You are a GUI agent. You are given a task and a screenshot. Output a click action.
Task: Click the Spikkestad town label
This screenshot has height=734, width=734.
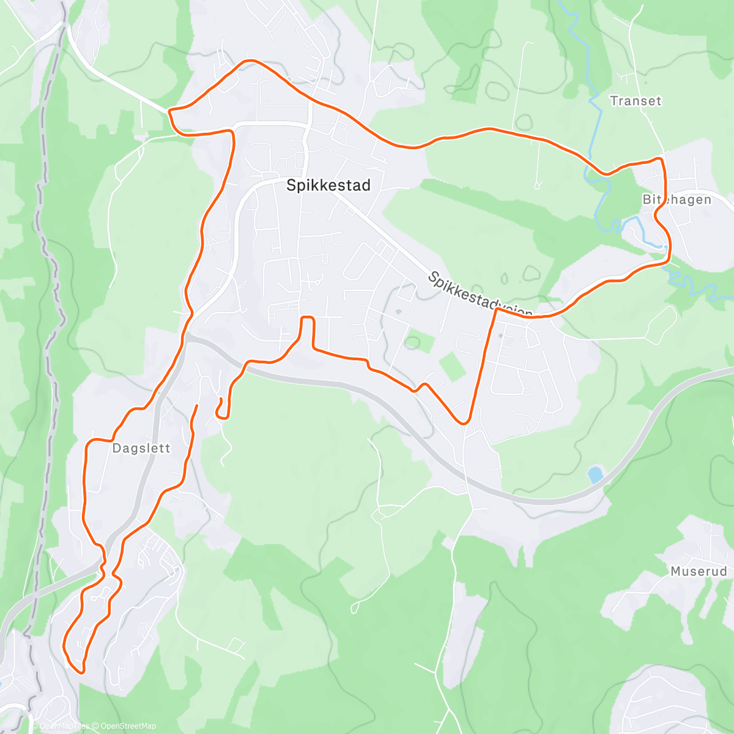[x=328, y=185]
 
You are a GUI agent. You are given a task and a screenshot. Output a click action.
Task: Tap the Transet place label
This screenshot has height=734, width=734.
[x=636, y=101]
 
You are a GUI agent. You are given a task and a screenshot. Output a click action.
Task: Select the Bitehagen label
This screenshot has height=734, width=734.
[x=677, y=200]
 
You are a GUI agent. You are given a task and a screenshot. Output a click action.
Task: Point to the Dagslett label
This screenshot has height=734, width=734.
[x=141, y=448]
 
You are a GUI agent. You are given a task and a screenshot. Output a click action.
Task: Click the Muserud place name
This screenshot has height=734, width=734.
[x=699, y=572]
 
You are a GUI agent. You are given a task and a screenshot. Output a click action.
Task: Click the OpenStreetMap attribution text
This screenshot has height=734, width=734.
[x=128, y=726]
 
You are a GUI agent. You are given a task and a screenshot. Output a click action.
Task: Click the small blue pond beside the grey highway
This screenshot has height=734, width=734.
[x=595, y=475]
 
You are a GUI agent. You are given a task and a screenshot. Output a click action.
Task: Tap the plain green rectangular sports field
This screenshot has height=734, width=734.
[x=452, y=366]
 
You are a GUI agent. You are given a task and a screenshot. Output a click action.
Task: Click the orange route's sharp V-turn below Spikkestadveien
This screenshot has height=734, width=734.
[x=464, y=422]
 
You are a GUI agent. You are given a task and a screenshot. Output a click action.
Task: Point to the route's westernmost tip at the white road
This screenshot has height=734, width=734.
[x=169, y=111]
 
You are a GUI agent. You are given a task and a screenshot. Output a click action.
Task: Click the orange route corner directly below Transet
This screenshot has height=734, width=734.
[x=660, y=160]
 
